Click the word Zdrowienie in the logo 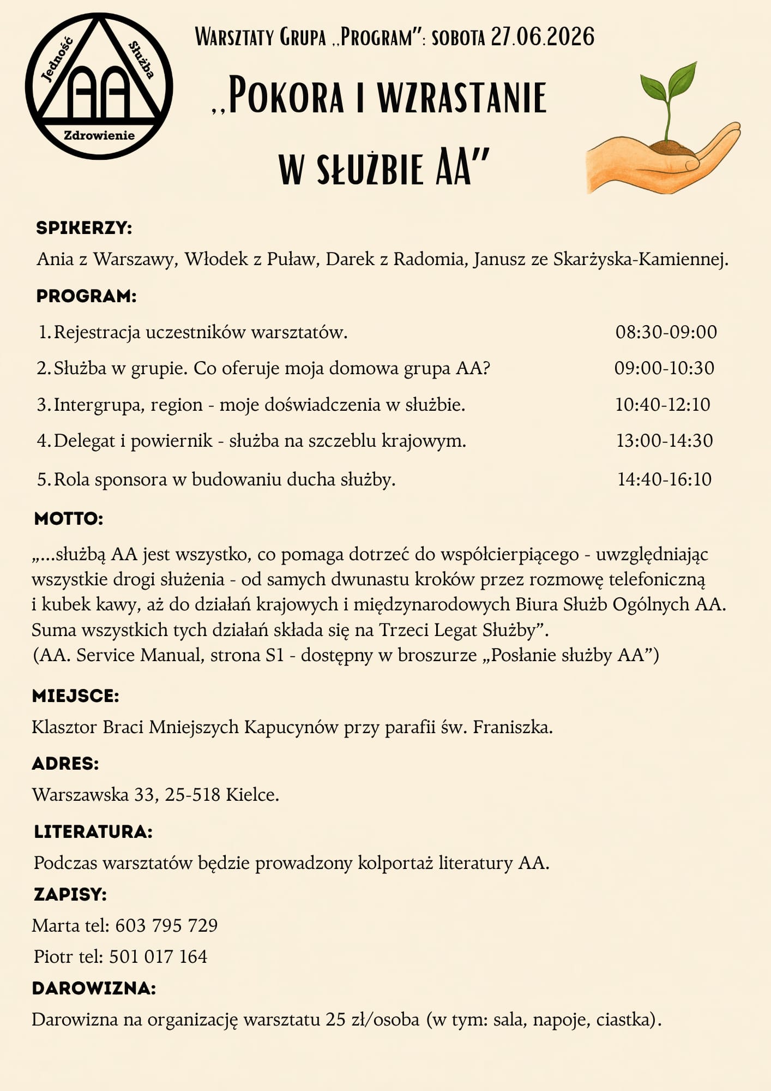[99, 135]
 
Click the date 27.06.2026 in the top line [543, 37]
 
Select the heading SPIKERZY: [85, 228]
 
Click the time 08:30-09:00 [666, 332]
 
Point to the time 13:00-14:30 [664, 441]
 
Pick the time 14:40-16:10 [664, 479]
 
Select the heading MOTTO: [69, 518]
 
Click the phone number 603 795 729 [166, 925]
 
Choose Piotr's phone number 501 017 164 [158, 956]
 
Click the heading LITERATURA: [93, 831]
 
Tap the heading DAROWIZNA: [94, 988]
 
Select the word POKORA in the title [286, 97]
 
